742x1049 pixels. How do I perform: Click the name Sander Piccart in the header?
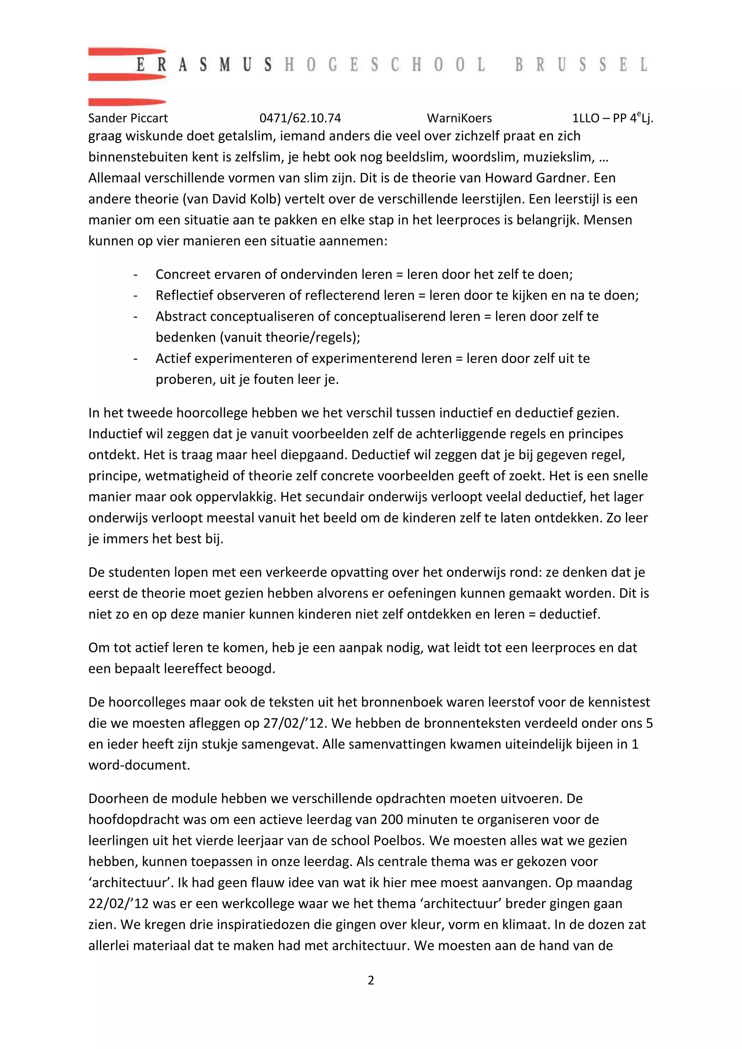128,118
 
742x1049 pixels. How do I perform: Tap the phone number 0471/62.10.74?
300,118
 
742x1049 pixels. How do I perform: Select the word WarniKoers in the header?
459,118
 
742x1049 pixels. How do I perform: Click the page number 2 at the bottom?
371,980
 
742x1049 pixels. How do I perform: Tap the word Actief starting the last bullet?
171,359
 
